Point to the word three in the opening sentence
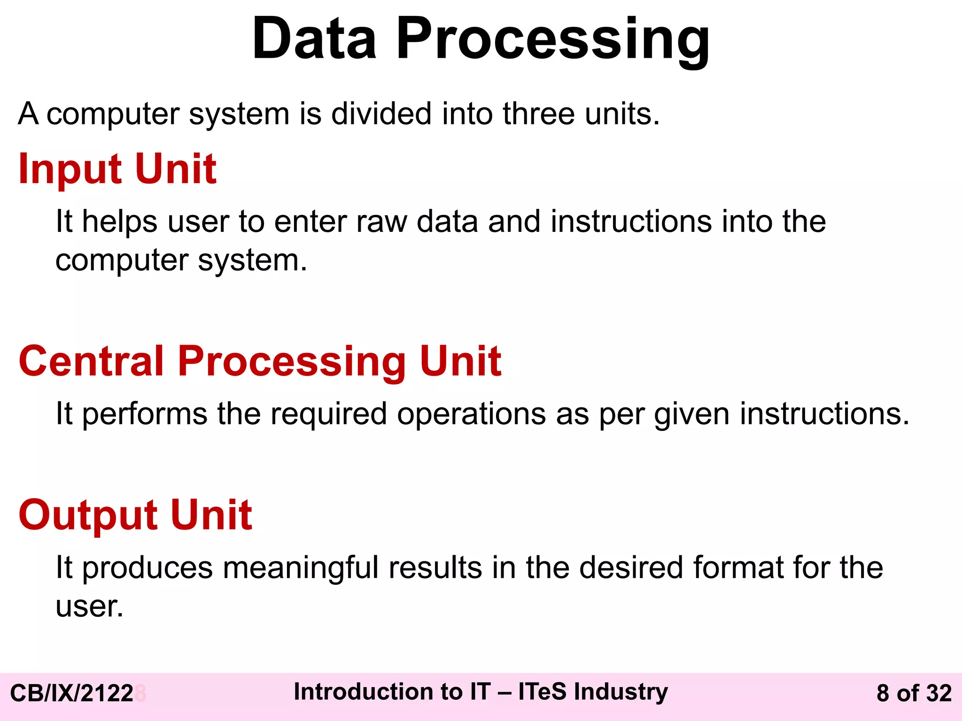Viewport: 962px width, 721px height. click(538, 114)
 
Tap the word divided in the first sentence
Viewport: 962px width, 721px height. click(381, 114)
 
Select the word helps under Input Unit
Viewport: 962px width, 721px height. click(119, 222)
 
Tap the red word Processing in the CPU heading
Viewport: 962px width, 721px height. click(291, 362)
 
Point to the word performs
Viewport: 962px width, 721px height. click(145, 414)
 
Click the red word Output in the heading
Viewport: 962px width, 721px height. click(88, 515)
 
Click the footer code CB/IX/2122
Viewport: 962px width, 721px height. click(72, 693)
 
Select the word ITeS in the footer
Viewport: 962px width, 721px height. click(542, 692)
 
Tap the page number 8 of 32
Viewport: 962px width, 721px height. click(914, 693)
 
